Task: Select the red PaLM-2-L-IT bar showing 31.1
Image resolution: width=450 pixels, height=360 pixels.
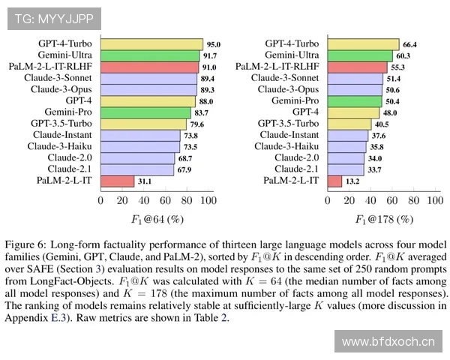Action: click(x=117, y=181)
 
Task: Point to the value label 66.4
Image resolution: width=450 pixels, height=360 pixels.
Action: click(x=410, y=44)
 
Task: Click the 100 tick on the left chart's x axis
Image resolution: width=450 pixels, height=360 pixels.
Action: click(x=207, y=200)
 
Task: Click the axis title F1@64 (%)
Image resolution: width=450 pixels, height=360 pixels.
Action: click(x=154, y=219)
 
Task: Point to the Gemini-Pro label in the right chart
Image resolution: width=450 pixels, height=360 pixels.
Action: click(x=295, y=100)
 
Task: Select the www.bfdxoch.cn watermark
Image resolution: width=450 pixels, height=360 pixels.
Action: click(x=388, y=342)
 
